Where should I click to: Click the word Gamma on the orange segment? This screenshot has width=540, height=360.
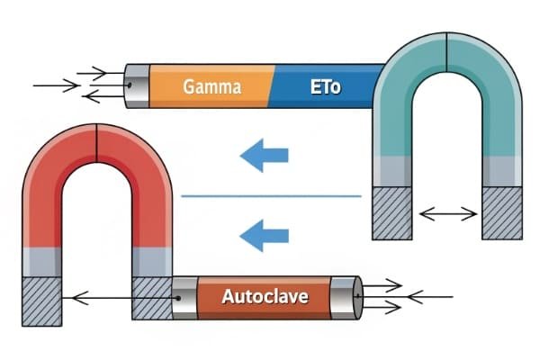(x=211, y=87)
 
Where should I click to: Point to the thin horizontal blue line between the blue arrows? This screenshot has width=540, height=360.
(x=271, y=195)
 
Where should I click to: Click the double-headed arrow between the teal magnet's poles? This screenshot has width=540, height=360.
(x=447, y=213)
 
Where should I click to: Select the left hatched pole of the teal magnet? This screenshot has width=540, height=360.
(x=392, y=212)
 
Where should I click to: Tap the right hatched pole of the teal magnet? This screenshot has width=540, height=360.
(x=501, y=212)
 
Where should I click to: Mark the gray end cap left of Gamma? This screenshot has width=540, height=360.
(x=136, y=85)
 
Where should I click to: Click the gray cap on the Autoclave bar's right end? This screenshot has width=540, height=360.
(x=344, y=296)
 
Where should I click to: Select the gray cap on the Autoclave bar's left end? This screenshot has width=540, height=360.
(x=184, y=296)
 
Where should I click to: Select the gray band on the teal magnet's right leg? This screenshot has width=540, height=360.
(x=501, y=171)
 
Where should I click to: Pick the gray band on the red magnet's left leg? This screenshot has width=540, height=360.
(x=41, y=261)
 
